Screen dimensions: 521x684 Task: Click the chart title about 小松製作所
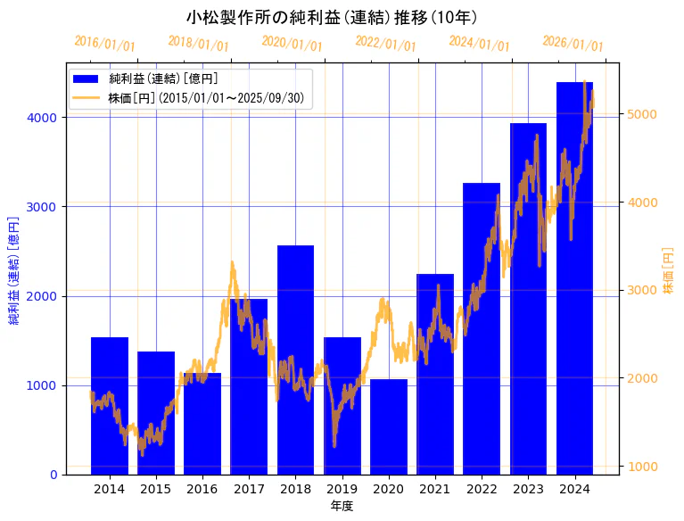(332, 17)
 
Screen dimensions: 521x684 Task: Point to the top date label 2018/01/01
(198, 44)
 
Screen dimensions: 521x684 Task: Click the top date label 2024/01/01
(479, 44)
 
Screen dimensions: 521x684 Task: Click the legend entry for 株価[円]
(210, 98)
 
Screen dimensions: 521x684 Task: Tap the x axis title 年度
(342, 505)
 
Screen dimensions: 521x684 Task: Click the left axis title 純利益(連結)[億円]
(14, 269)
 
